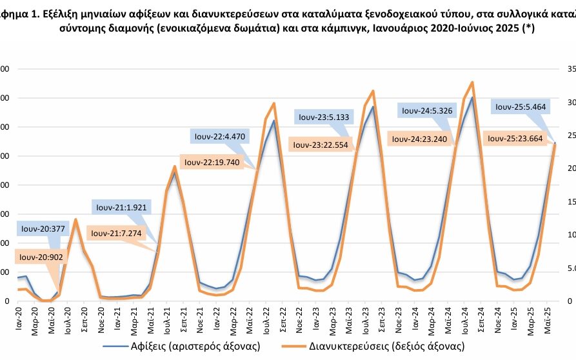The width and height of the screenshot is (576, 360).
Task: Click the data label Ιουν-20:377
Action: pyautogui.click(x=43, y=229)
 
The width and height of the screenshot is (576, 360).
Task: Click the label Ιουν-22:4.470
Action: pyautogui.click(x=218, y=136)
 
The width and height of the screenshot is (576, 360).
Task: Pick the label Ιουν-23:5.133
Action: pyautogui.click(x=321, y=117)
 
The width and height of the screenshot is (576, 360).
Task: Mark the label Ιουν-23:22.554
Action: pyautogui.click(x=321, y=145)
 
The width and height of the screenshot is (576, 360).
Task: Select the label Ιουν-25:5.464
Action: pyautogui.click(x=519, y=106)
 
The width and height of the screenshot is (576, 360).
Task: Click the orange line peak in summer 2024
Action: pyautogui.click(x=473, y=83)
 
